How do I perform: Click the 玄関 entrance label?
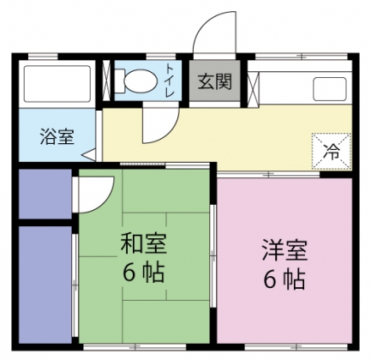215,82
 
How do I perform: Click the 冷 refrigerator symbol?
330,151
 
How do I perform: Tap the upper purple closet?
45,195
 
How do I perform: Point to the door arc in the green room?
95,194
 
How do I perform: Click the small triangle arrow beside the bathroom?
90,155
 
